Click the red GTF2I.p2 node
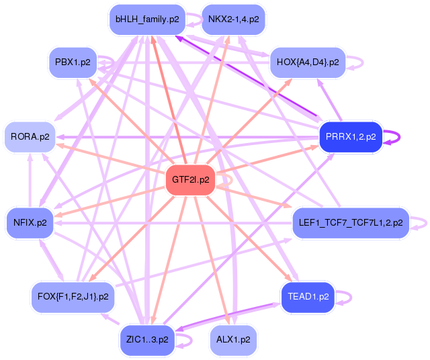pos(190,180)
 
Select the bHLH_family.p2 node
pos(147,19)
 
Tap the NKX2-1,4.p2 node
pos(233,19)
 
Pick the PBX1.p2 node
pos(73,62)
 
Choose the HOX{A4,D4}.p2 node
pos(308,62)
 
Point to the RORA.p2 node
pos(30,137)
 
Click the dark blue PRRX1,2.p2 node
pos(351,137)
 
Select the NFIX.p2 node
pos(30,222)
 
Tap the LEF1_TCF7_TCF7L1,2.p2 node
pos(351,222)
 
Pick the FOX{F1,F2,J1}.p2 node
pos(73,297)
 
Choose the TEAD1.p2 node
pos(308,297)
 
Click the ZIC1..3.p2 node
pos(147,340)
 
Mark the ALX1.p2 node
pos(233,340)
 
